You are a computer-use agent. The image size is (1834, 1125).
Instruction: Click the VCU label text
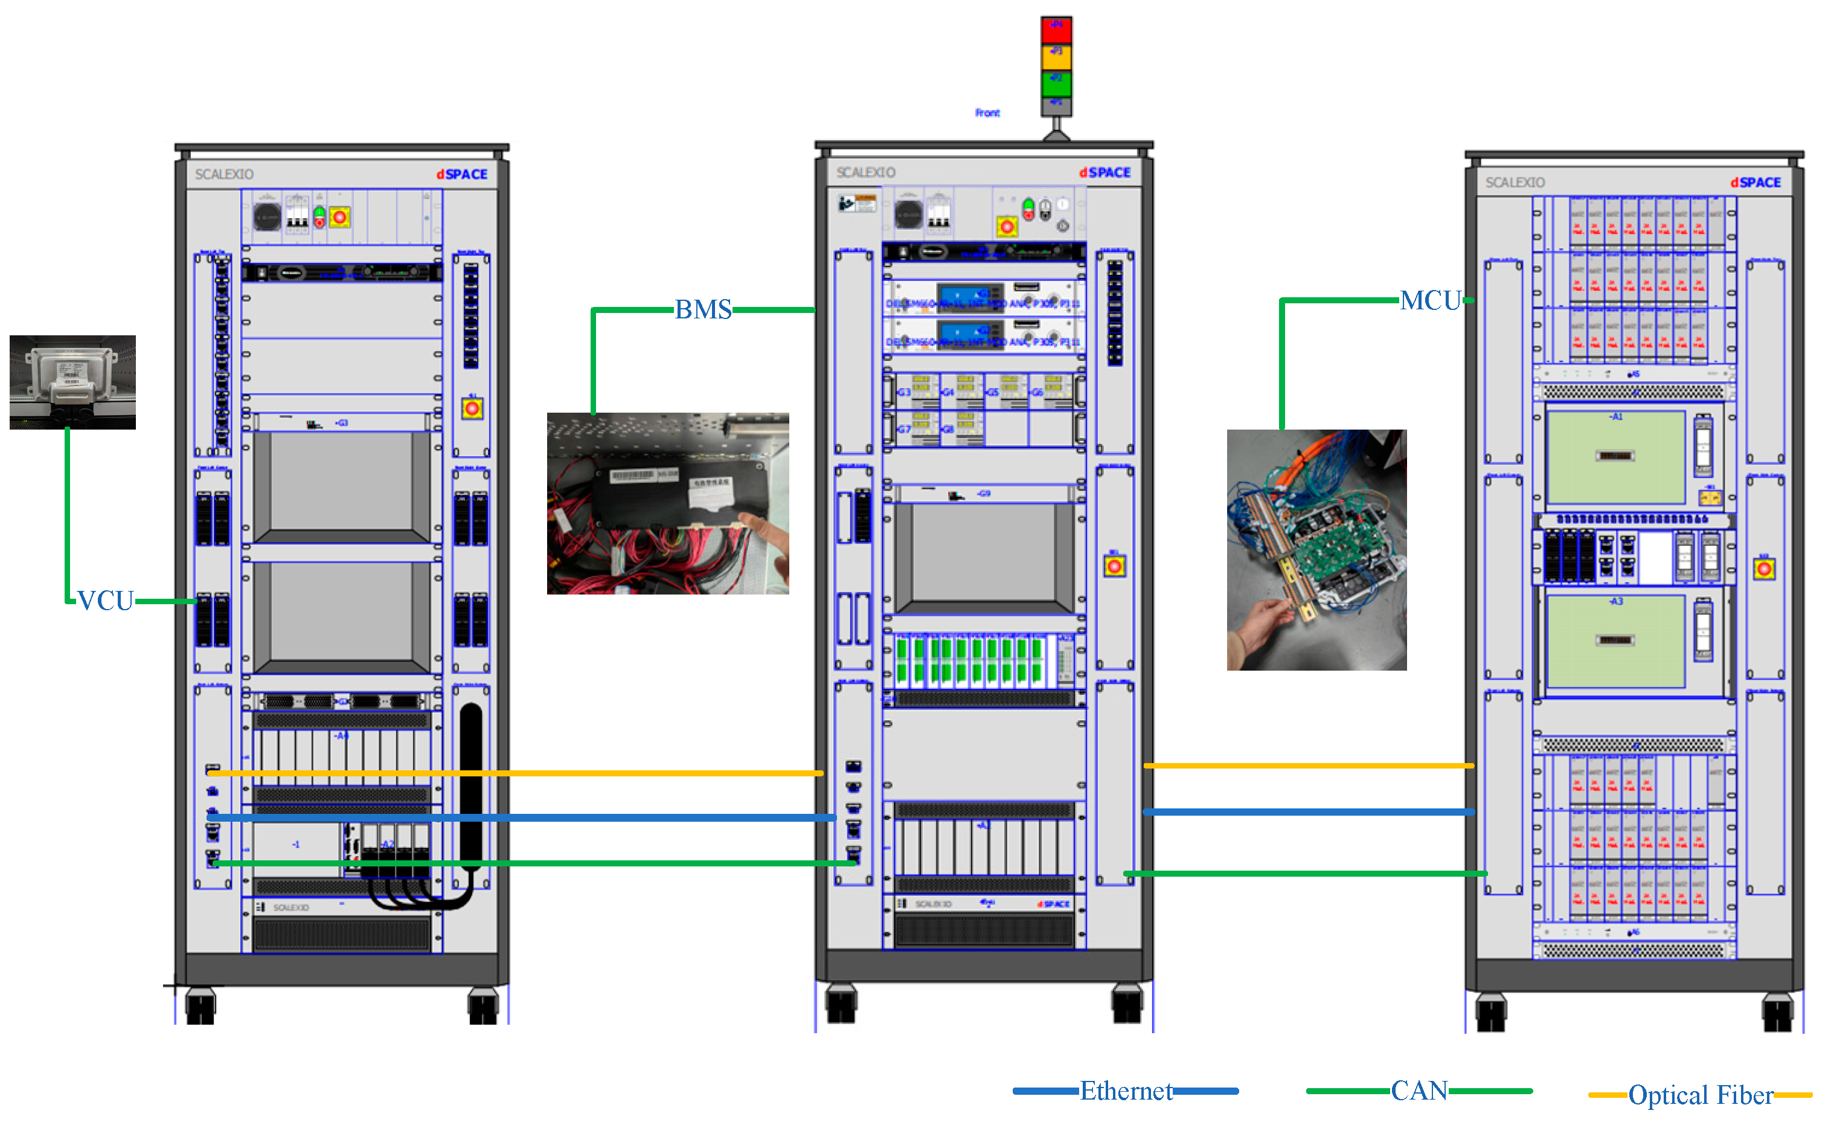pos(106,601)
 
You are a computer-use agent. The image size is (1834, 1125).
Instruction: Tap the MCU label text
pos(1430,301)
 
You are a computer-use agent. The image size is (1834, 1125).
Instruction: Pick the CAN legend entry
pos(1419,1091)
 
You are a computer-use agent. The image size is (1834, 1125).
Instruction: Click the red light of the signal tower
pos(1056,30)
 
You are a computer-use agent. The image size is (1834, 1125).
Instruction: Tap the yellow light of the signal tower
pos(1056,57)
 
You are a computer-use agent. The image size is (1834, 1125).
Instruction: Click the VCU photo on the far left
pos(72,382)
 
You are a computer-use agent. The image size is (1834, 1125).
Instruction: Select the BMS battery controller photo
pos(668,503)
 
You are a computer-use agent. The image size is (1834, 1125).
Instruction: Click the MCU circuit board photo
pos(1316,549)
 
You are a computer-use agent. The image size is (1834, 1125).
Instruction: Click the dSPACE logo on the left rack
pos(461,174)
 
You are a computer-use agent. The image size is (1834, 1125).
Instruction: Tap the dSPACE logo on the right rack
pos(1755,182)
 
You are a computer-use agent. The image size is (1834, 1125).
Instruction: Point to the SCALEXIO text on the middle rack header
pos(865,173)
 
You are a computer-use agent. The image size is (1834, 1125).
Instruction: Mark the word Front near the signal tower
pos(987,113)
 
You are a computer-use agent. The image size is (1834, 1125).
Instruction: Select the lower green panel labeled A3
pos(1615,641)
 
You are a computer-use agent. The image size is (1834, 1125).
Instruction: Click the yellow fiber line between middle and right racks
pos(1308,766)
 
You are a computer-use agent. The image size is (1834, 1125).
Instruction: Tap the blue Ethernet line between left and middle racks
pos(521,817)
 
